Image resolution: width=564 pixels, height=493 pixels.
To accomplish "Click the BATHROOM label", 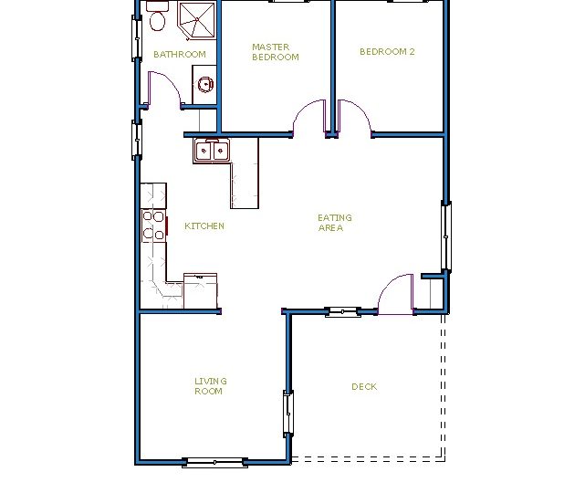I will [x=179, y=54].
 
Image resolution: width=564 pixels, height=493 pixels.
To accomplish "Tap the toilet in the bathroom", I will [x=157, y=18].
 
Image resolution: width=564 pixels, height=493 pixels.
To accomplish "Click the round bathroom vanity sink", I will [x=205, y=85].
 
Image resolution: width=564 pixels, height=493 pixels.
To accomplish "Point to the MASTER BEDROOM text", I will [x=276, y=52].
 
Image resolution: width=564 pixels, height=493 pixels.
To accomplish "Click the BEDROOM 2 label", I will [x=387, y=52].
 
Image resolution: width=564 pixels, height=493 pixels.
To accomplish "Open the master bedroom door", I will [x=308, y=118].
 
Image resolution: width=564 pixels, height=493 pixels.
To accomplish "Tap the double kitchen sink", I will [x=213, y=151].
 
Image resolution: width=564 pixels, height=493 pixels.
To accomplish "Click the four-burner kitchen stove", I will [x=153, y=226].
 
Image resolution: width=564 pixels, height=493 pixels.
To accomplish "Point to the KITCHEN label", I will [x=204, y=226].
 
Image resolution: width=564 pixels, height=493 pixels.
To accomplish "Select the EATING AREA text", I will [x=334, y=223].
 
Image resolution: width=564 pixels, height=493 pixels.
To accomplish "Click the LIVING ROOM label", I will [x=210, y=386].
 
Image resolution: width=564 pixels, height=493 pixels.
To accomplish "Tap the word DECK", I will [x=364, y=386].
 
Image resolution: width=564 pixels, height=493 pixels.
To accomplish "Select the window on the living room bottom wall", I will [x=215, y=462].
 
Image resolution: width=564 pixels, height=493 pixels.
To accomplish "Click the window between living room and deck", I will [x=289, y=414].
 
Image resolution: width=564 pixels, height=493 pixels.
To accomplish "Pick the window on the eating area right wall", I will [x=446, y=236].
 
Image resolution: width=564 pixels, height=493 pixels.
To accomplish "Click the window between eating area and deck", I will [x=341, y=312].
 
